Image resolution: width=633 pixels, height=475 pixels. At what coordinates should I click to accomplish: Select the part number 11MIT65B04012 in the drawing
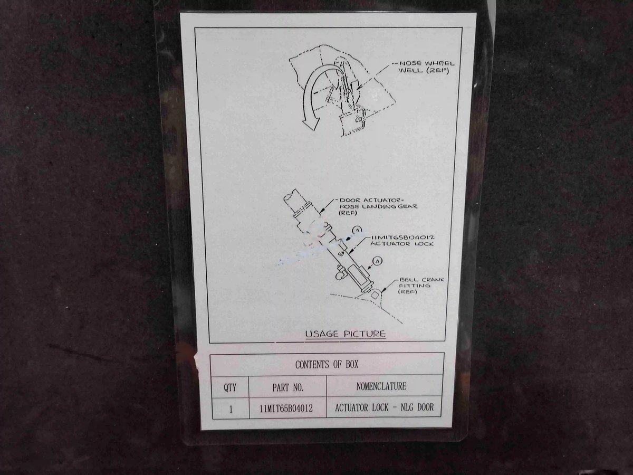point(402,237)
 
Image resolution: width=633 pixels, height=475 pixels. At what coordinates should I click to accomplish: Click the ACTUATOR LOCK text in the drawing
point(402,244)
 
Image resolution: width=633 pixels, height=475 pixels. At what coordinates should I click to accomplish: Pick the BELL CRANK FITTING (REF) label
point(421,286)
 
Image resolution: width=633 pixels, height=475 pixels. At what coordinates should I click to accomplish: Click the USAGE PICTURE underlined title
point(345,334)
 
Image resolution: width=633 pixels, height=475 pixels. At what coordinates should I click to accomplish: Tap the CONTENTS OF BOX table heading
point(327,365)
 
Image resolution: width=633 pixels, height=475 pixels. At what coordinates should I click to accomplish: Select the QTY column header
point(230,387)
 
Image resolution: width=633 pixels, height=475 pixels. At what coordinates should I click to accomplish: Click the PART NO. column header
point(288,387)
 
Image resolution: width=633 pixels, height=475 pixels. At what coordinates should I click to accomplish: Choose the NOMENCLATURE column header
point(381,386)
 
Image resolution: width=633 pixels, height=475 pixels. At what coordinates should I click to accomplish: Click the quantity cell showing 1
point(231,409)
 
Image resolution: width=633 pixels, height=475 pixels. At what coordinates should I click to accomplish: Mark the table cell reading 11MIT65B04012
point(286,408)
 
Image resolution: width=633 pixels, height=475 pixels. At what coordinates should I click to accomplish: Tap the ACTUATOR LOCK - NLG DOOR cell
point(384,407)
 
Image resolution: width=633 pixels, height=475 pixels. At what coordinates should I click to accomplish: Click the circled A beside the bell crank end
point(377,261)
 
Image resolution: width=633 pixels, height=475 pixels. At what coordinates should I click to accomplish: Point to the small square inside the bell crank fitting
point(374,295)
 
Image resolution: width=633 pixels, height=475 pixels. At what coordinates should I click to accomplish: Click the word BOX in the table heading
point(352,365)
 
